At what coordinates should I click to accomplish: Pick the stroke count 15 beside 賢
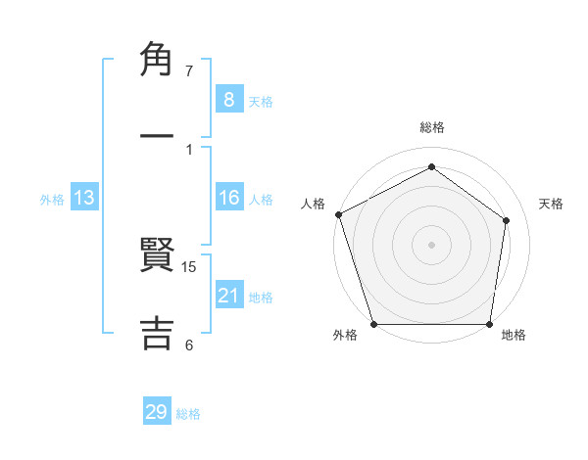190,267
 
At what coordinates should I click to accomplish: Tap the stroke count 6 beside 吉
189,345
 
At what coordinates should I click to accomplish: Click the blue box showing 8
228,100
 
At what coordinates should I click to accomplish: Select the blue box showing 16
228,199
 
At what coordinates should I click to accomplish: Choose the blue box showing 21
228,296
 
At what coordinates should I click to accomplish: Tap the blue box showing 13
84,199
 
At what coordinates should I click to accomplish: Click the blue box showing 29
156,413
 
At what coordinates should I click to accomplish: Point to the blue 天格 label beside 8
261,102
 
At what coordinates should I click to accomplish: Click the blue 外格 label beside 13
52,200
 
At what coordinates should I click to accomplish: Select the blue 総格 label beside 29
188,414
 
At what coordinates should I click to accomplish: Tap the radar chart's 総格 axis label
431,127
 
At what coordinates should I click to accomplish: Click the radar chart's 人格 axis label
313,204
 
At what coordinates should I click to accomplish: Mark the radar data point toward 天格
507,220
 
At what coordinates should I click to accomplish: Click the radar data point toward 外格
373,324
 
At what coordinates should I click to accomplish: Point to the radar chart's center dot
431,244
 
